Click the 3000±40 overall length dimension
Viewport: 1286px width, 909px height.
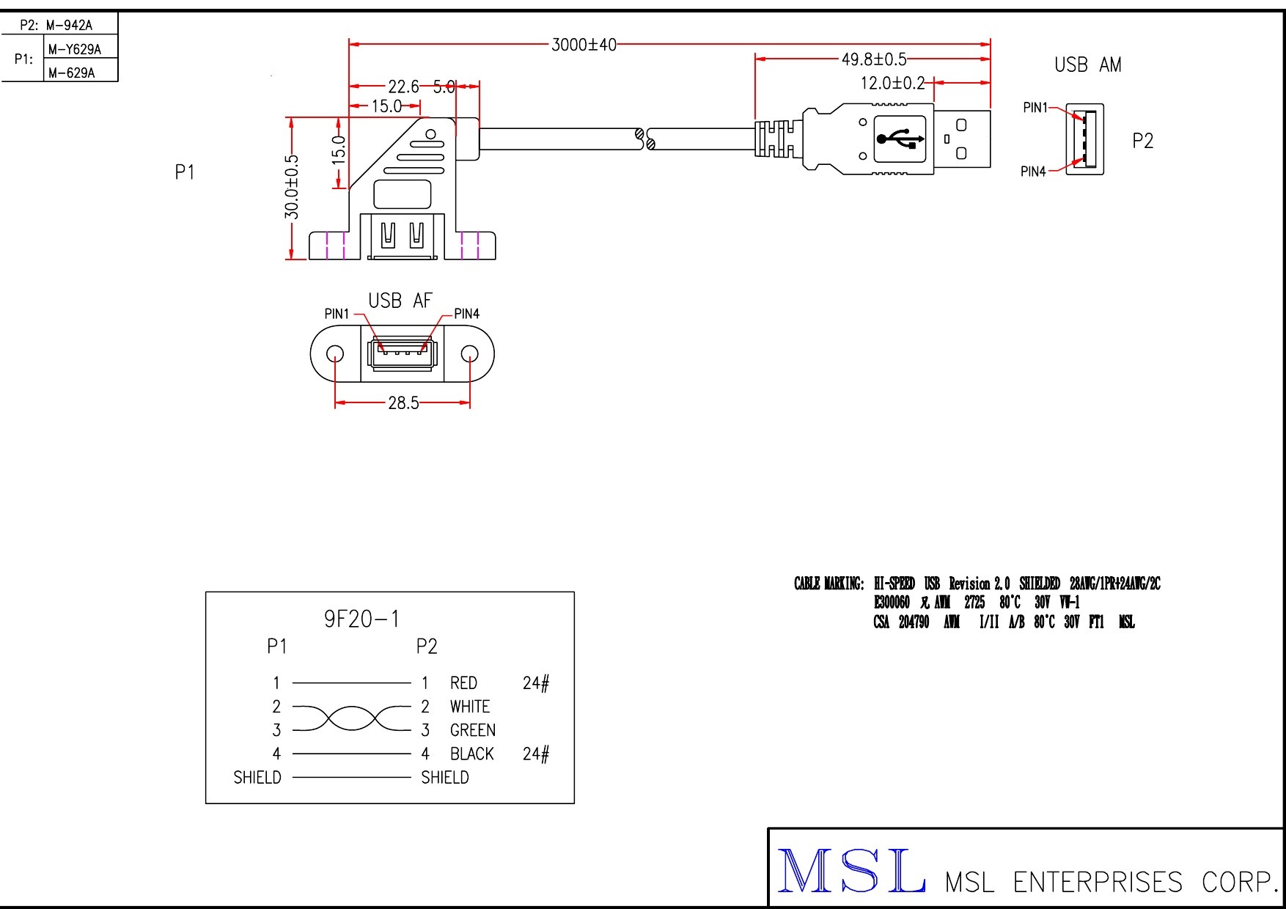click(x=584, y=45)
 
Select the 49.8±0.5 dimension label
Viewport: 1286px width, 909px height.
click(x=873, y=59)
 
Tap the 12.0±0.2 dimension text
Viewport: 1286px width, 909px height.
click(x=892, y=83)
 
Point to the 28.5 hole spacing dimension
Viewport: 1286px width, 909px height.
click(x=403, y=402)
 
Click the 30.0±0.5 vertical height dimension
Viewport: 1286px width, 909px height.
click(x=292, y=187)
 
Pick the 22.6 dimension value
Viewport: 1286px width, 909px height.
click(x=403, y=87)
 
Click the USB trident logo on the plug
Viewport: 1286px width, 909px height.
click(x=900, y=138)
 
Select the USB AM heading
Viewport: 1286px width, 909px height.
click(x=1087, y=65)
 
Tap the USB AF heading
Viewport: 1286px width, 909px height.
click(x=400, y=301)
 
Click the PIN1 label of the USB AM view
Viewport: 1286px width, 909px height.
click(x=1035, y=108)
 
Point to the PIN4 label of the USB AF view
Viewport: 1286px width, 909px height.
click(x=466, y=314)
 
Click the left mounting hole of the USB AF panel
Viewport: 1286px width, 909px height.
click(x=335, y=354)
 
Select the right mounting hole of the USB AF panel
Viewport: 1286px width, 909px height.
click(x=469, y=354)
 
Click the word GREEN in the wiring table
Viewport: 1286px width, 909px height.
click(x=472, y=730)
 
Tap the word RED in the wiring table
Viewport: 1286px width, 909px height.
click(x=463, y=683)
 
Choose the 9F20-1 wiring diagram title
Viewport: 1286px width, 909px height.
click(x=362, y=619)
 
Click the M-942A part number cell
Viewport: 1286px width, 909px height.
click(x=69, y=25)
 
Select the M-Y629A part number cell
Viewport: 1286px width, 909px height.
click(x=74, y=49)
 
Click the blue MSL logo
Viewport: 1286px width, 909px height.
click(x=850, y=871)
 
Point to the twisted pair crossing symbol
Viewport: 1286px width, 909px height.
click(x=353, y=718)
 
